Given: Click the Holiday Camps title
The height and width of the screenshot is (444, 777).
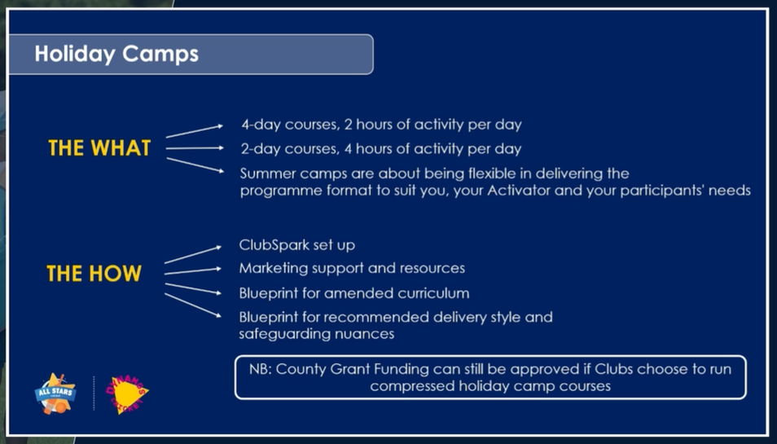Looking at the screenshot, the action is click(116, 54).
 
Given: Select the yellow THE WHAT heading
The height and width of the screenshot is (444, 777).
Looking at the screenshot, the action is click(99, 148).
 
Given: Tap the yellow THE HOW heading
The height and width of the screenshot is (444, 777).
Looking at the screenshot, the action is click(94, 274).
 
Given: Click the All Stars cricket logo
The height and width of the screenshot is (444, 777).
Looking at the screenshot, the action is click(55, 393).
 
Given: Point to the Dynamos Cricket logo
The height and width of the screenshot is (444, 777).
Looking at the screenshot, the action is click(126, 394).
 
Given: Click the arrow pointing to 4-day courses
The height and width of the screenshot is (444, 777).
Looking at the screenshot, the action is click(194, 131).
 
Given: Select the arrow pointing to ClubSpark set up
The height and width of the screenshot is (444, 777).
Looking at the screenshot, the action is click(193, 254).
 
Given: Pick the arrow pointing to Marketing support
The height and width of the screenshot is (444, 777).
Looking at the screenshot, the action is click(193, 271).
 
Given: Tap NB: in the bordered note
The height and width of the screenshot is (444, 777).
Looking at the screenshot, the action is click(260, 369).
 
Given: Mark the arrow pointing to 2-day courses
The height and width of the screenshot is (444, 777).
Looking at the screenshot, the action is click(195, 148).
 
